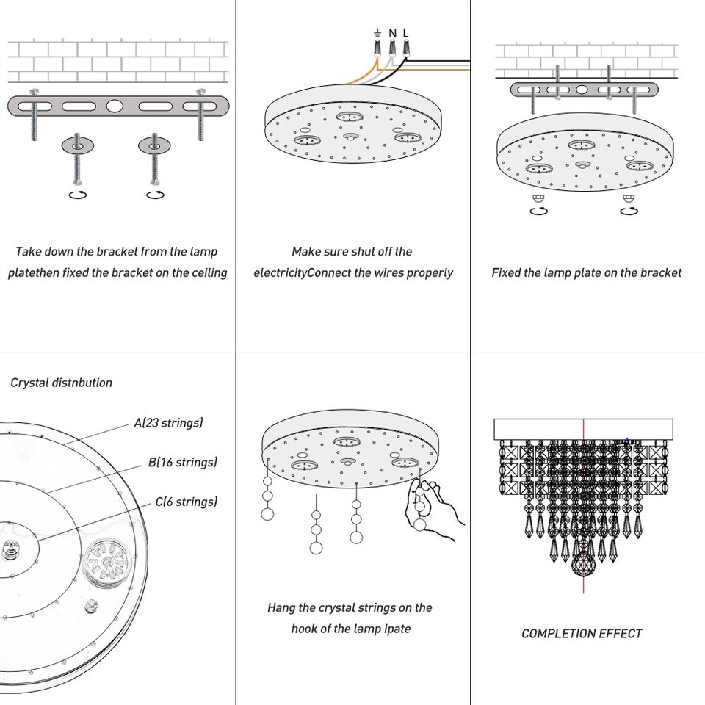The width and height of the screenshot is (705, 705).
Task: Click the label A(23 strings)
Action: point(168,423)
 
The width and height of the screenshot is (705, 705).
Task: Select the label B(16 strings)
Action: point(183,463)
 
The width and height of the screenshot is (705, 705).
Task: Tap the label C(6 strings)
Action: point(186,502)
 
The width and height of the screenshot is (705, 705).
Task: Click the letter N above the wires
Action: point(392,32)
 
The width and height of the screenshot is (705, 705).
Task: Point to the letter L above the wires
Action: point(405,32)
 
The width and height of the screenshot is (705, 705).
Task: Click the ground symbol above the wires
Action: point(377,32)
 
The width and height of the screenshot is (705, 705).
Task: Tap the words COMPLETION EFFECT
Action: point(582,633)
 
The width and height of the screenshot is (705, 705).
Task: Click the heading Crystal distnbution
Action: point(62,383)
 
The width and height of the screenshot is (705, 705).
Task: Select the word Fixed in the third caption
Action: point(506,273)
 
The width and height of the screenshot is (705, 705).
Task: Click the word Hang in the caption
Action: point(281,608)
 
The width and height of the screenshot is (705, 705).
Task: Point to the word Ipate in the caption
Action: point(397,629)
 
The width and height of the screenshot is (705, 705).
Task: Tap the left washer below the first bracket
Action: point(76,145)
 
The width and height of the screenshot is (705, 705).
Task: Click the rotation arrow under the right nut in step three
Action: point(629,210)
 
